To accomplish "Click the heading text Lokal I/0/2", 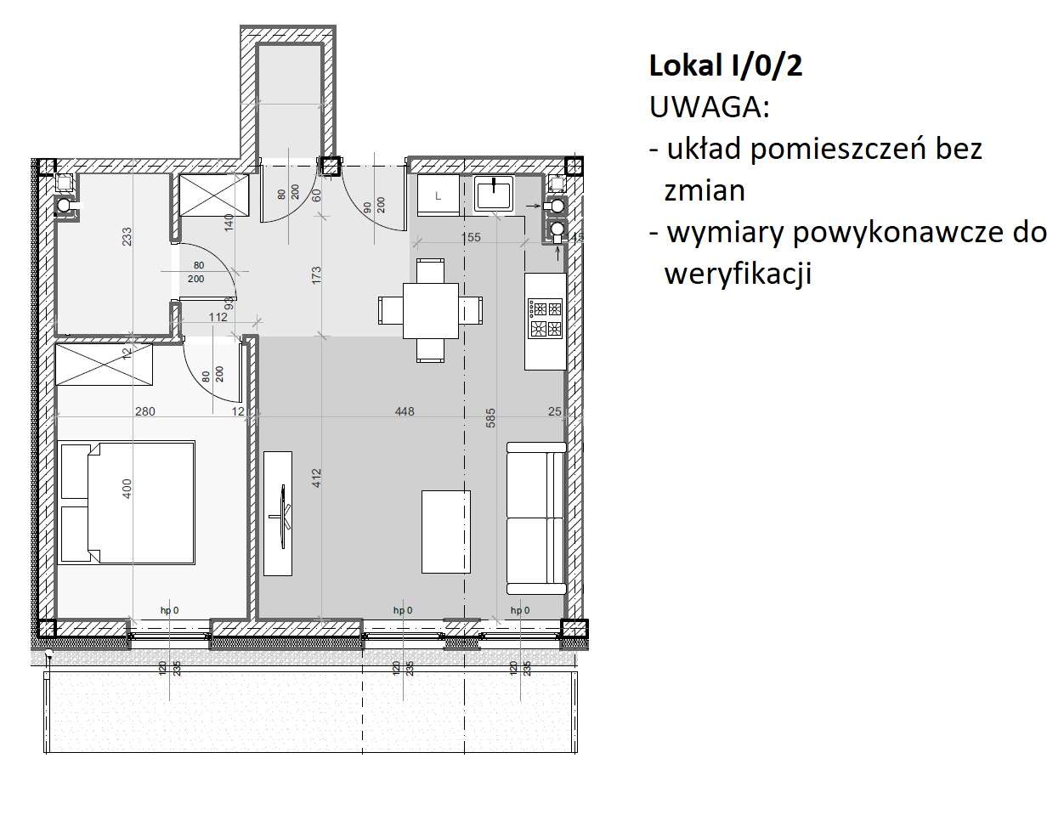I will (x=725, y=66).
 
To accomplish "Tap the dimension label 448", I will (x=405, y=411).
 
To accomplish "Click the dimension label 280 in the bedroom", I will (x=145, y=411).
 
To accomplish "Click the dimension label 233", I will (x=127, y=235).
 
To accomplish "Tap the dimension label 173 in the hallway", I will (x=316, y=276).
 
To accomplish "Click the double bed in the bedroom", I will (x=126, y=502).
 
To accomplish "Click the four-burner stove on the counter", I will (x=545, y=318).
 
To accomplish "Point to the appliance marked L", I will (x=438, y=195).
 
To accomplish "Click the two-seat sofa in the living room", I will (x=535, y=518).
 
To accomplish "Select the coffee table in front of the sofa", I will (x=446, y=532).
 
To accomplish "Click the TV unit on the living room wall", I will (x=278, y=512).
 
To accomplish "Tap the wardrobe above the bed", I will (x=104, y=365).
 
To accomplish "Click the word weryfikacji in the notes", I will (x=738, y=274).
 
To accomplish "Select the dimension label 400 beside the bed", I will (x=127, y=488).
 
